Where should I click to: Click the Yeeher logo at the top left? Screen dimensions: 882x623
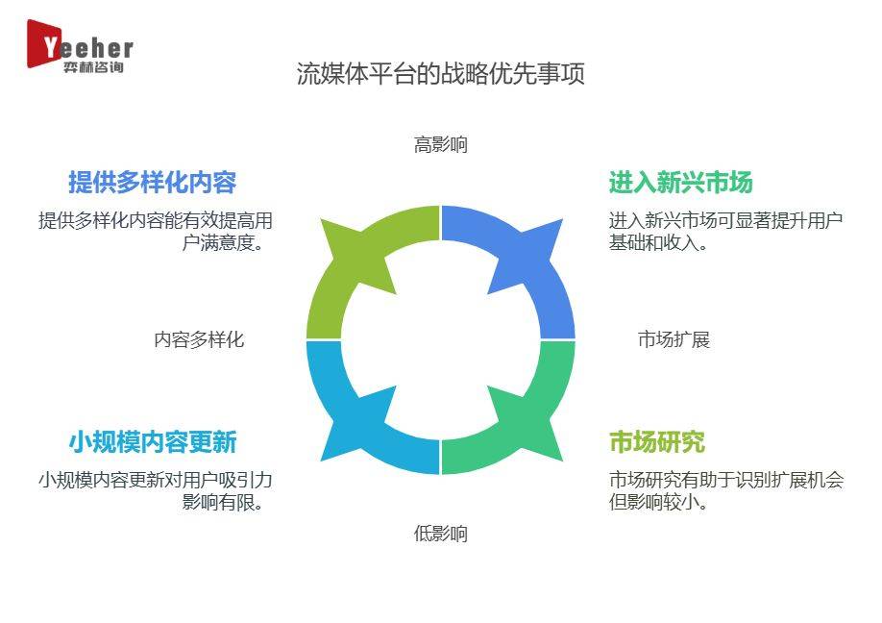click(x=80, y=46)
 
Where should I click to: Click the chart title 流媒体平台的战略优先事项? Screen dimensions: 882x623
click(x=440, y=74)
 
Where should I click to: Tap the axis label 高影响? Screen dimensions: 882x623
click(x=440, y=144)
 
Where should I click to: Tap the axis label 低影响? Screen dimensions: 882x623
click(x=440, y=533)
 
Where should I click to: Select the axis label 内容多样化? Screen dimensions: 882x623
click(x=199, y=339)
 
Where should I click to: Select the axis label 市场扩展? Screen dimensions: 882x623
click(x=674, y=339)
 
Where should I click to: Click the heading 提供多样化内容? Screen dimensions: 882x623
click(x=153, y=183)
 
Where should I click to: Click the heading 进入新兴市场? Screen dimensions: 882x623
click(x=680, y=183)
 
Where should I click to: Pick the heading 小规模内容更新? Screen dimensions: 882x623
click(x=153, y=442)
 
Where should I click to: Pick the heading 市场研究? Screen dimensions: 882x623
click(x=657, y=442)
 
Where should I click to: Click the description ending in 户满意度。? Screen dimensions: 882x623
click(x=156, y=232)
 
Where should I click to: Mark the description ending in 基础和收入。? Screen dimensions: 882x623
click(x=725, y=232)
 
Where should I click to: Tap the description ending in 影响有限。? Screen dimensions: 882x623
click(x=156, y=490)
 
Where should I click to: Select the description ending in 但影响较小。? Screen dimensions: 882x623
click(x=726, y=490)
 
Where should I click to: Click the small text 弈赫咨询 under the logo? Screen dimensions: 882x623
click(x=93, y=67)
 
